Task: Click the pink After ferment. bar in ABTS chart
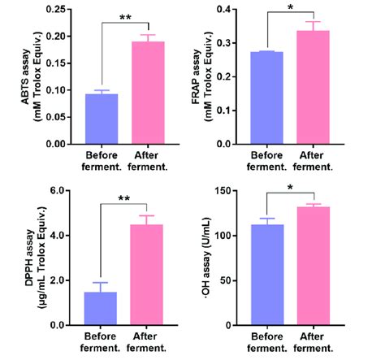(149, 93)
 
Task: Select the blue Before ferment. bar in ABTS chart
(102, 119)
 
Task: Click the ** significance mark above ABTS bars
(125, 16)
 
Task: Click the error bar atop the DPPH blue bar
(102, 284)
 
